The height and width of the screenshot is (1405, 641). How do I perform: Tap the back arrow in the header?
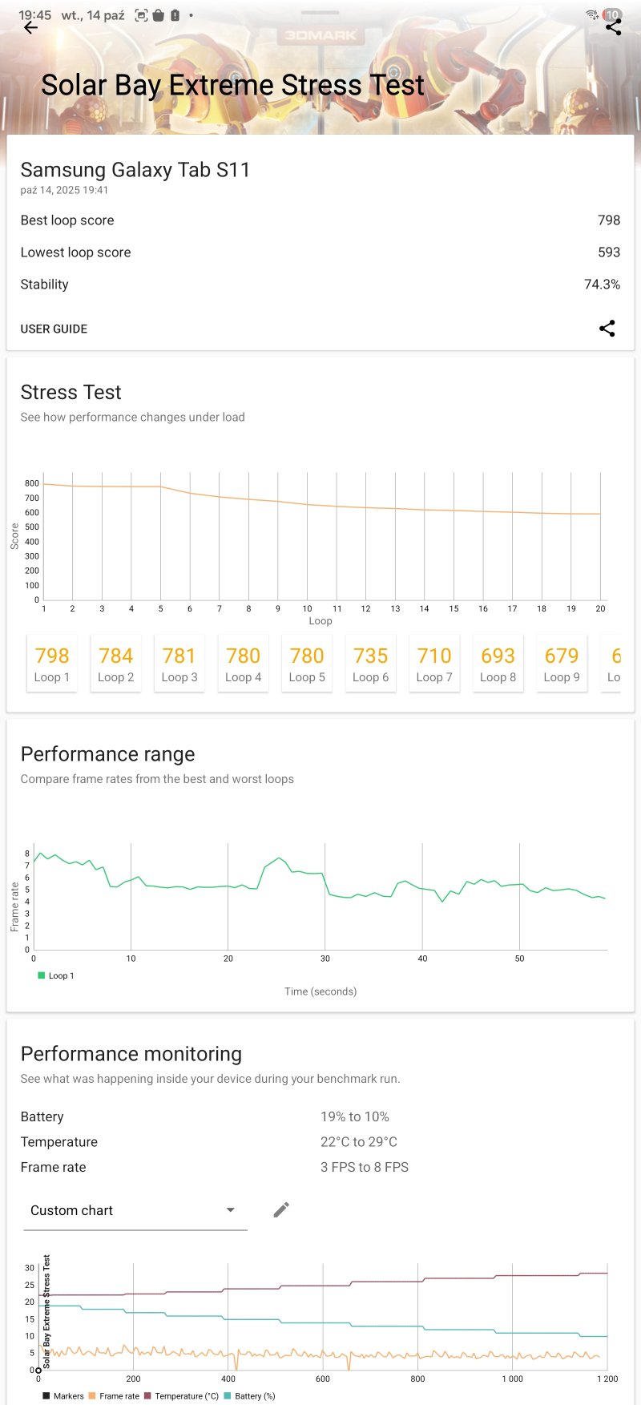30,28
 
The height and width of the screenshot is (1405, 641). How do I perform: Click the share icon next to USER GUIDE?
607,329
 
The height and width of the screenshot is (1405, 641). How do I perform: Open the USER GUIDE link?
54,329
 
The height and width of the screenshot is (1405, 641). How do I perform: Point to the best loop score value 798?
609,220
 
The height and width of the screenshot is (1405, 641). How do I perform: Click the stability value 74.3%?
602,285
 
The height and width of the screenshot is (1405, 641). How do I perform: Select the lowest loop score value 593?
609,252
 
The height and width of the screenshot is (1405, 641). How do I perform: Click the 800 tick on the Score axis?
31,483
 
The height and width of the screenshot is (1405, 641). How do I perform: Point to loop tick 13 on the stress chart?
395,609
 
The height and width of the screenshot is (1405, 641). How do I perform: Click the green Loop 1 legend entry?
55,975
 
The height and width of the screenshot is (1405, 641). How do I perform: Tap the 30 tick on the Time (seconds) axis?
325,959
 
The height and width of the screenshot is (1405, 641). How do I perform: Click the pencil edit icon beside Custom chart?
281,1209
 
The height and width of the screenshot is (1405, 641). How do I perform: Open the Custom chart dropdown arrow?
230,1210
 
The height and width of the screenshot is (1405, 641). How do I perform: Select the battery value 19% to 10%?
355,1116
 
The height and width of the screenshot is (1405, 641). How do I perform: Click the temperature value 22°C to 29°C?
359,1142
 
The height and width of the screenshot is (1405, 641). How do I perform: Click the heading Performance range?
107,754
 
